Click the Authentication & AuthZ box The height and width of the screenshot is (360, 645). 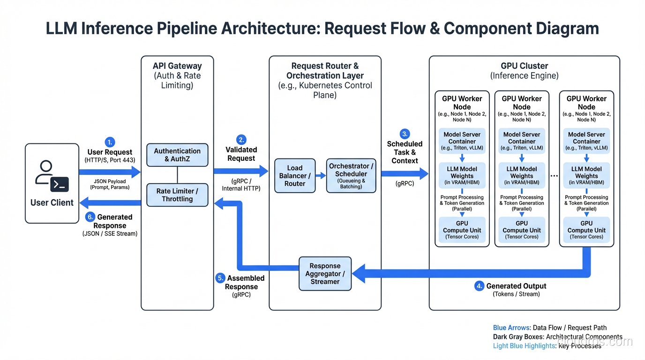click(177, 155)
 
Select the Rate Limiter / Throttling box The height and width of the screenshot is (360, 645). click(177, 195)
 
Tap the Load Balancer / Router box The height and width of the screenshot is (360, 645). click(295, 176)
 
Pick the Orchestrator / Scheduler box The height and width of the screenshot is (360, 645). click(351, 176)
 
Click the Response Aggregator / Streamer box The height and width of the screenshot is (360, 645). click(325, 274)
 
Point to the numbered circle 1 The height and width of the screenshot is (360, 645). click(110, 142)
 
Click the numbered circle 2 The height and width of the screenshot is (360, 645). click(241, 140)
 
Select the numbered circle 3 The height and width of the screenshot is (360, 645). click(405, 134)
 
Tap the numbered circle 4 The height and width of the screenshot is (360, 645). click(479, 286)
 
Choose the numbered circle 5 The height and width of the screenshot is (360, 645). click(220, 278)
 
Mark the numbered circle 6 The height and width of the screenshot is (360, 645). click(90, 217)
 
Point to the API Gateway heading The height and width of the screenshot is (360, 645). click(177, 66)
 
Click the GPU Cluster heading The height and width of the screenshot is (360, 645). click(524, 66)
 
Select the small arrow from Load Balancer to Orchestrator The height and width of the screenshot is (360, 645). click(321, 176)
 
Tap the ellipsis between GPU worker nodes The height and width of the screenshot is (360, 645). click(554, 176)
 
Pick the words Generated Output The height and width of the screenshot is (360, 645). click(516, 286)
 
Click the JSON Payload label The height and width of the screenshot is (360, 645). click(110, 181)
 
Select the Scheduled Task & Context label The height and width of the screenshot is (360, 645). click(405, 152)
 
